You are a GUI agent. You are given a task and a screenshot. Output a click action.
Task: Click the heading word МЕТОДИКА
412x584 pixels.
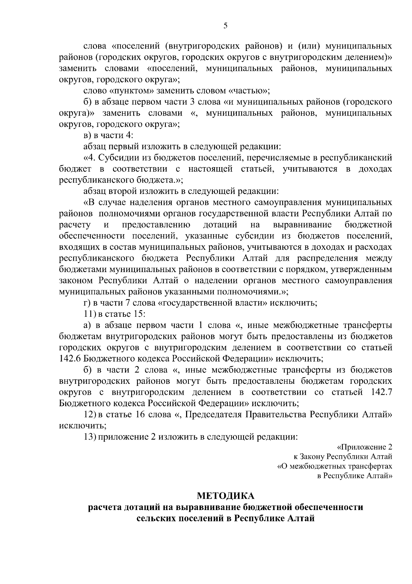click(226, 496)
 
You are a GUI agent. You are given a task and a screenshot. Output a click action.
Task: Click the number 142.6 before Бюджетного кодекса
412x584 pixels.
click(70, 358)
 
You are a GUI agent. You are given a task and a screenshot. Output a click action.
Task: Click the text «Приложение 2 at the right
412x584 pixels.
click(365, 447)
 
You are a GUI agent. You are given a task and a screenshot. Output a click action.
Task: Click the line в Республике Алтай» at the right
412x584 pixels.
click(354, 476)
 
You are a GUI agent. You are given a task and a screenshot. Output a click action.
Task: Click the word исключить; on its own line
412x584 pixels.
click(82, 425)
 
